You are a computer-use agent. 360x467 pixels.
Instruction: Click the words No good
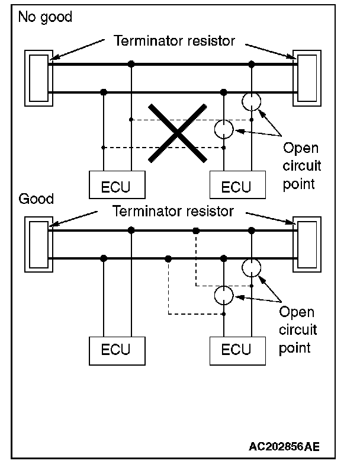click(x=45, y=17)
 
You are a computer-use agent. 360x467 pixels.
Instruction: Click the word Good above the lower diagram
click(x=36, y=199)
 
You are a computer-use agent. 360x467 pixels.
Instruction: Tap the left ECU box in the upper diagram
click(x=117, y=185)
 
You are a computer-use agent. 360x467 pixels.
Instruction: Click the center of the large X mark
click(x=177, y=132)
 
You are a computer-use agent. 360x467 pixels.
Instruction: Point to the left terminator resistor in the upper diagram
click(x=38, y=78)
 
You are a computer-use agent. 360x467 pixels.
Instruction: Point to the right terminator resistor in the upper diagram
click(x=308, y=78)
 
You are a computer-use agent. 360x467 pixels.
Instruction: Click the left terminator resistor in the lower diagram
click(x=38, y=244)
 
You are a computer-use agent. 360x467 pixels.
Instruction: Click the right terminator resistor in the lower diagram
click(x=308, y=244)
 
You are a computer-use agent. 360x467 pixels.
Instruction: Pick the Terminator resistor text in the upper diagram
click(x=174, y=41)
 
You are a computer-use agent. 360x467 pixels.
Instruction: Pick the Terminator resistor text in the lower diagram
click(x=174, y=211)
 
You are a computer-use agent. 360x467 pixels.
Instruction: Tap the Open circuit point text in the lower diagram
click(x=298, y=329)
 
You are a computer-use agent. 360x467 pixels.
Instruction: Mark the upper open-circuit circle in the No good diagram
click(x=252, y=102)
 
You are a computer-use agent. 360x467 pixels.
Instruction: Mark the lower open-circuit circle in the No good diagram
click(x=223, y=129)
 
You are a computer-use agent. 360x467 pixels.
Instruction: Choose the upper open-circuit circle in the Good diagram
click(x=252, y=267)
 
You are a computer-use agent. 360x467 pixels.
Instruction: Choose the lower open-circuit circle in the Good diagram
click(x=223, y=295)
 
